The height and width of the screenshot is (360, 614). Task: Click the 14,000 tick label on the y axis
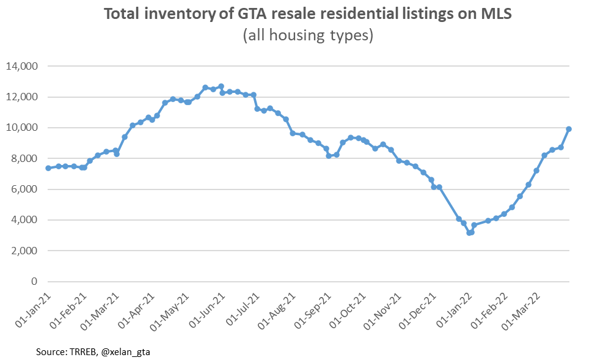click(22, 66)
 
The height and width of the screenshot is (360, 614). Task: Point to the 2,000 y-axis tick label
click(24, 251)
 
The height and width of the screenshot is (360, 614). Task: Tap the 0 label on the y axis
click(34, 282)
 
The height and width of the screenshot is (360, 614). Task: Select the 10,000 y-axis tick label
click(22, 128)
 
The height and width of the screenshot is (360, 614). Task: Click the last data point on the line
click(569, 129)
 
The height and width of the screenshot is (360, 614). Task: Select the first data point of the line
click(48, 168)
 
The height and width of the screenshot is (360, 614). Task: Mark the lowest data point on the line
click(469, 233)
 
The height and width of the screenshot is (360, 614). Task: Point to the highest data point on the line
click(221, 87)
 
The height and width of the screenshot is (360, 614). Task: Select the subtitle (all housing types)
click(307, 36)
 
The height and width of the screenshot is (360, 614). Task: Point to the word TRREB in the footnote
click(81, 351)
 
